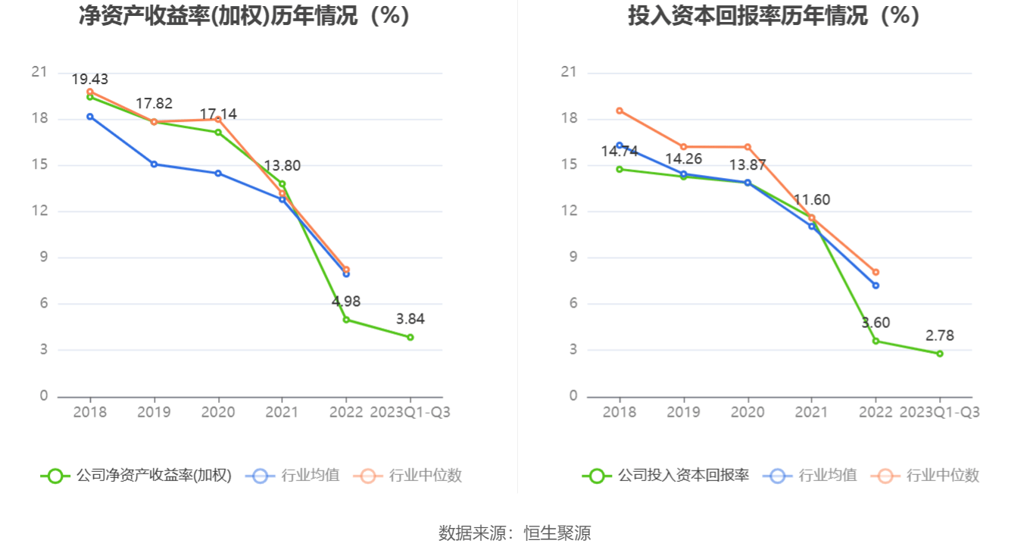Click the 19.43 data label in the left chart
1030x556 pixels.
[x=90, y=80]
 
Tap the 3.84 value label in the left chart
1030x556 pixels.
[x=410, y=319]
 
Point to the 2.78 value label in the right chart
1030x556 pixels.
[x=939, y=336]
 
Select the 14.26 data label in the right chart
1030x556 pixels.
[x=683, y=159]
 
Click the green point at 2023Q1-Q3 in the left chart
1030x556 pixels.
[x=410, y=337]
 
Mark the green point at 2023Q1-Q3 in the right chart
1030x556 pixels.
[x=940, y=354]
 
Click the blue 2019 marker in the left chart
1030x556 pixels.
[x=154, y=164]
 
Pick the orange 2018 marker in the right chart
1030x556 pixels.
[x=620, y=111]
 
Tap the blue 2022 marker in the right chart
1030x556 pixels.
[x=875, y=286]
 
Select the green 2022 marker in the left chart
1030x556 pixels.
[x=346, y=320]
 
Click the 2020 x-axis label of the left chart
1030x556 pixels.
[x=218, y=412]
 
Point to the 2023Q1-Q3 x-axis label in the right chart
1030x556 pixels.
[x=939, y=412]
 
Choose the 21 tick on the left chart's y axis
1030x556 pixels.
[x=39, y=73]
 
